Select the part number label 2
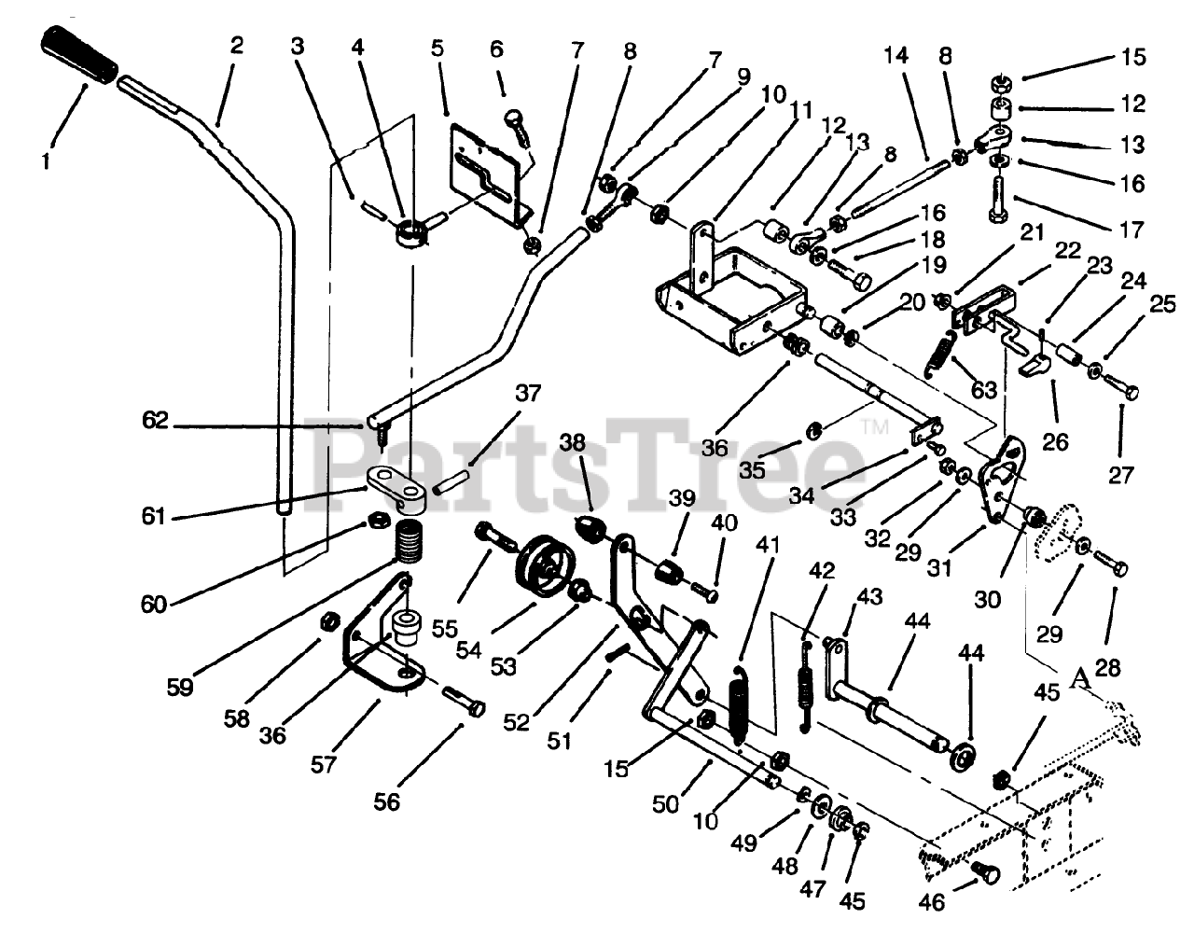click(x=236, y=45)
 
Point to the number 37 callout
click(x=528, y=393)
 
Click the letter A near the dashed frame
click(x=1081, y=677)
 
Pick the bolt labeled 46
click(x=982, y=873)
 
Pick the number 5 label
click(x=437, y=47)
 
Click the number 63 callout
click(x=984, y=389)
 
